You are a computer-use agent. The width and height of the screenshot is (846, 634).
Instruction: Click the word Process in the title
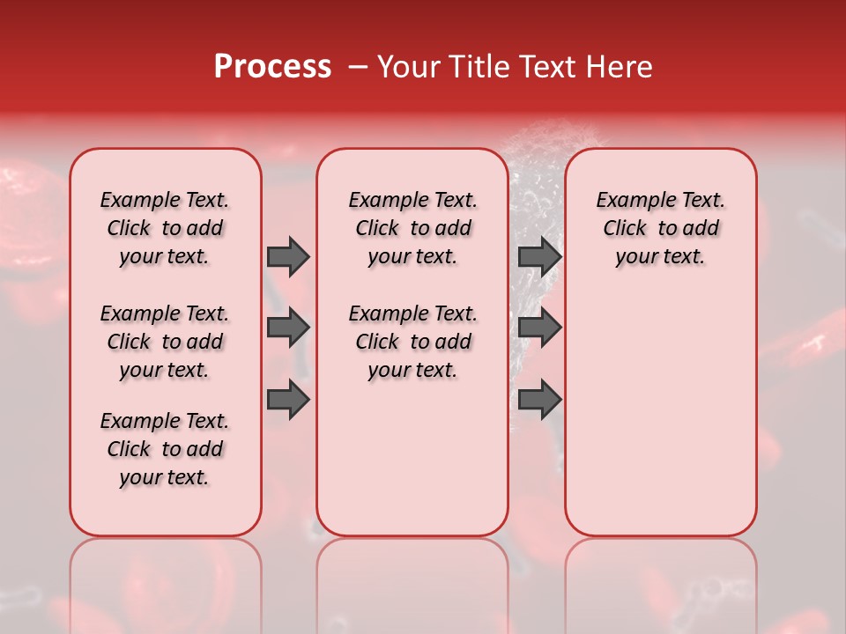point(272,67)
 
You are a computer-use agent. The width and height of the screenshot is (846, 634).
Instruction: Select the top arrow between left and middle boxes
point(288,256)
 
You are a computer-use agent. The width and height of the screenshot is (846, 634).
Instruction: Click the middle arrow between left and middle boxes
point(288,328)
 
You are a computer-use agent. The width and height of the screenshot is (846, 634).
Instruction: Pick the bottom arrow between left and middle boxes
point(288,400)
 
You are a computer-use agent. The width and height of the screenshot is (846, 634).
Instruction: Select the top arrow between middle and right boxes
point(539,256)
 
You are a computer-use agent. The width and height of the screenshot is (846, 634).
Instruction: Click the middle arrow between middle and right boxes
point(539,328)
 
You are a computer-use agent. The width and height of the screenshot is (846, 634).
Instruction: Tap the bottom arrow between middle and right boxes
point(539,400)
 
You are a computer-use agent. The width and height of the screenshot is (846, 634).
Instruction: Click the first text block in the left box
point(165,228)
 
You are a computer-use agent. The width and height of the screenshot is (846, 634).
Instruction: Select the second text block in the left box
point(165,342)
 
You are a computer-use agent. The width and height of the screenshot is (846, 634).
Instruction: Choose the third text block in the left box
point(165,449)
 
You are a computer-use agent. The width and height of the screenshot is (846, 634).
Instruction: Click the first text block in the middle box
point(412,228)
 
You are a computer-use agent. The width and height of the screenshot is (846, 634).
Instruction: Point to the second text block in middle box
point(412,342)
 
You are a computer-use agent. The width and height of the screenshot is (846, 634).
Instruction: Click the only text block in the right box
point(660,228)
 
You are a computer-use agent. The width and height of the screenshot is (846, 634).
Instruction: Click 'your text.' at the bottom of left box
point(165,477)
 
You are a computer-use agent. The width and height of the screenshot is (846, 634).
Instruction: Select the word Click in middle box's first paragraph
point(377,229)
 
